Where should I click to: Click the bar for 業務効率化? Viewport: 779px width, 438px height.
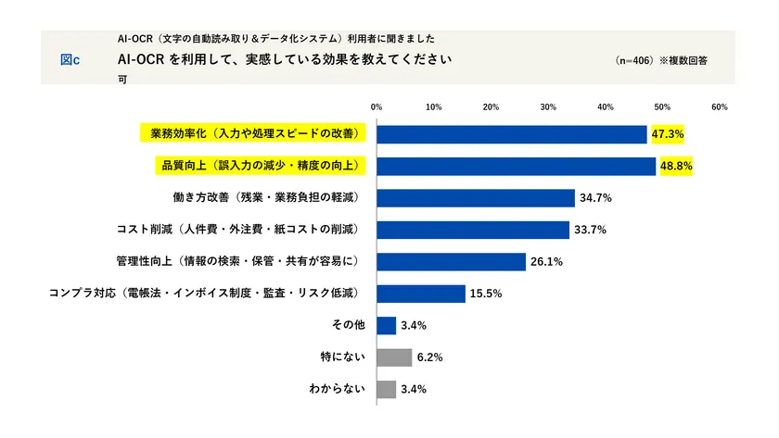coord(512,134)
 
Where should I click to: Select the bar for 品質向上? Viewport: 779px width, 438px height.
coord(516,167)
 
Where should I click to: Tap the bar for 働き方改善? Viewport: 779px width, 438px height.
coord(476,198)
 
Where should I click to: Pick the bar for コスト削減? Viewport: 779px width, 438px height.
coord(473,230)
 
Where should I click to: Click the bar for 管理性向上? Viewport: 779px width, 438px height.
coord(451,262)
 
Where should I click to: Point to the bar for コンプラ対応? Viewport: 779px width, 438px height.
coord(421,294)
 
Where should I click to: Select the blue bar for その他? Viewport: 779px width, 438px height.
coord(387,325)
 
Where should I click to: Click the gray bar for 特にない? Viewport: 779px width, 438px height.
coord(394,357)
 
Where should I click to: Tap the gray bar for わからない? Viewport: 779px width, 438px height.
coord(387,389)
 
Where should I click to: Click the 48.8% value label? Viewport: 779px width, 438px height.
coord(676,167)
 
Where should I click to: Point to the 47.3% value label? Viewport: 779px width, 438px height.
coord(668,134)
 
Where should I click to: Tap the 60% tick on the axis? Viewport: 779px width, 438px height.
coord(719,107)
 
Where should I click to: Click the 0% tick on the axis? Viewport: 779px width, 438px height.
coord(377,107)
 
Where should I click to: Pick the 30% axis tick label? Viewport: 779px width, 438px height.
coord(547,107)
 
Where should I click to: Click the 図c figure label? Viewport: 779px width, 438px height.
coord(70,59)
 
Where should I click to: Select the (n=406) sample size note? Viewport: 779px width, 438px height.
coord(635,60)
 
